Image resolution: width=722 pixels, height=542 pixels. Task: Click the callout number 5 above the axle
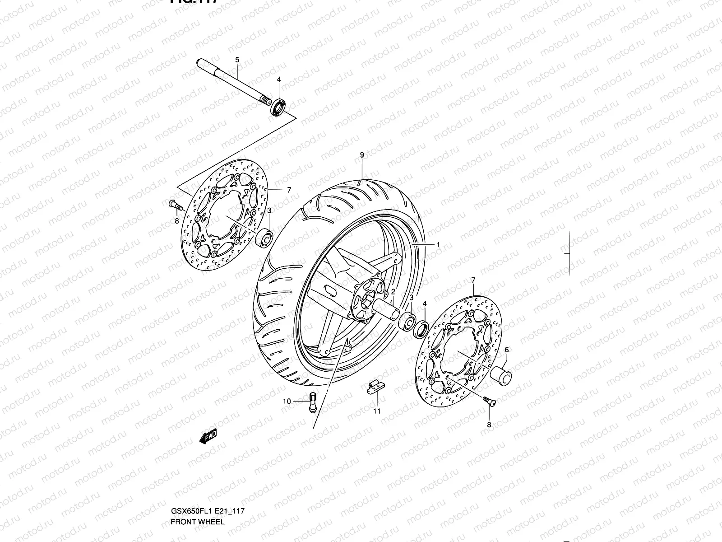[237, 60]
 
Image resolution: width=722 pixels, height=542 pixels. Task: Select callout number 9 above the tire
[362, 155]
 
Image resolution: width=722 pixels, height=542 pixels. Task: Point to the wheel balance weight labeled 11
[373, 388]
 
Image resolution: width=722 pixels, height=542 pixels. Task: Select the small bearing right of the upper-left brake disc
[264, 238]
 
